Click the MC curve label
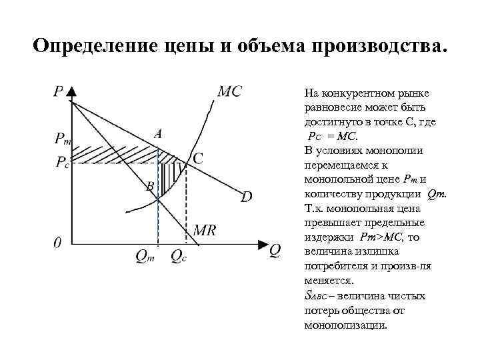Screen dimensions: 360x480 click(230, 91)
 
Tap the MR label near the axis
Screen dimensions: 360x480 click(205, 231)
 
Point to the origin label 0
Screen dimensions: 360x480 click(58, 244)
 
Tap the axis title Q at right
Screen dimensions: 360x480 click(275, 249)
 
